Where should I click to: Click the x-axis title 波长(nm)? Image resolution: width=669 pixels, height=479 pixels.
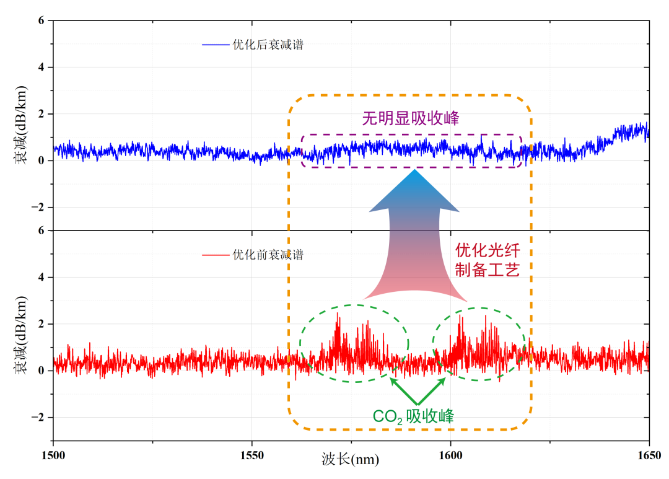350,459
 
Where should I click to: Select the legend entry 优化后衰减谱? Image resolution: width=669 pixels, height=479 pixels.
268,45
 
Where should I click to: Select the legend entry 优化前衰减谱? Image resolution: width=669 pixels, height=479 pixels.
268,255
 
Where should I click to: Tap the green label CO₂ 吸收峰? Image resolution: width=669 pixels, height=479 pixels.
413,416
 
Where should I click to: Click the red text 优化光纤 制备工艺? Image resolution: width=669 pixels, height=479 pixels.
488,260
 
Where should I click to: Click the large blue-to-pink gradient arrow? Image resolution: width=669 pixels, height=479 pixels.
414,235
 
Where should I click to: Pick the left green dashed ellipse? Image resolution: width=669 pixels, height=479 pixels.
354,343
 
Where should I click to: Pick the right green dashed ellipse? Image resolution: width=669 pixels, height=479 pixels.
479,344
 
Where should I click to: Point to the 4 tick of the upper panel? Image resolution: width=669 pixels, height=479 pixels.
42,67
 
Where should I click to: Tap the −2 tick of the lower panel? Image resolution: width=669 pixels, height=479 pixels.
39,418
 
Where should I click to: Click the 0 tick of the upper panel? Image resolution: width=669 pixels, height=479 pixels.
42,160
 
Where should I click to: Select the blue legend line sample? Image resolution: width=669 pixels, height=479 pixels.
215,45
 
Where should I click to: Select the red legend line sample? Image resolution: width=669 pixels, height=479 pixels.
215,255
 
